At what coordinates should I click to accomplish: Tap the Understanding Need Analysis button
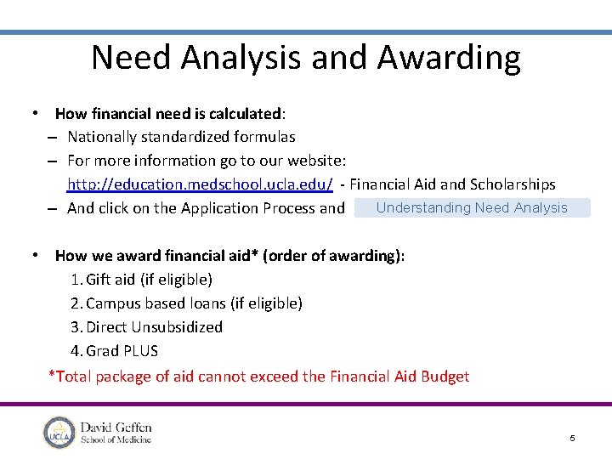471,207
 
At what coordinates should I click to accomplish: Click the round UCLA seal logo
59,433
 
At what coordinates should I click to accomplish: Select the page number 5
572,438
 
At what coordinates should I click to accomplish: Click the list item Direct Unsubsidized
154,327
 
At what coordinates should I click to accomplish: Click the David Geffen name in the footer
116,428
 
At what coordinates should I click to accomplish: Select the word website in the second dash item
311,161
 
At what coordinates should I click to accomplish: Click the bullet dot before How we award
34,255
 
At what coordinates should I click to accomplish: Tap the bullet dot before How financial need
34,112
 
